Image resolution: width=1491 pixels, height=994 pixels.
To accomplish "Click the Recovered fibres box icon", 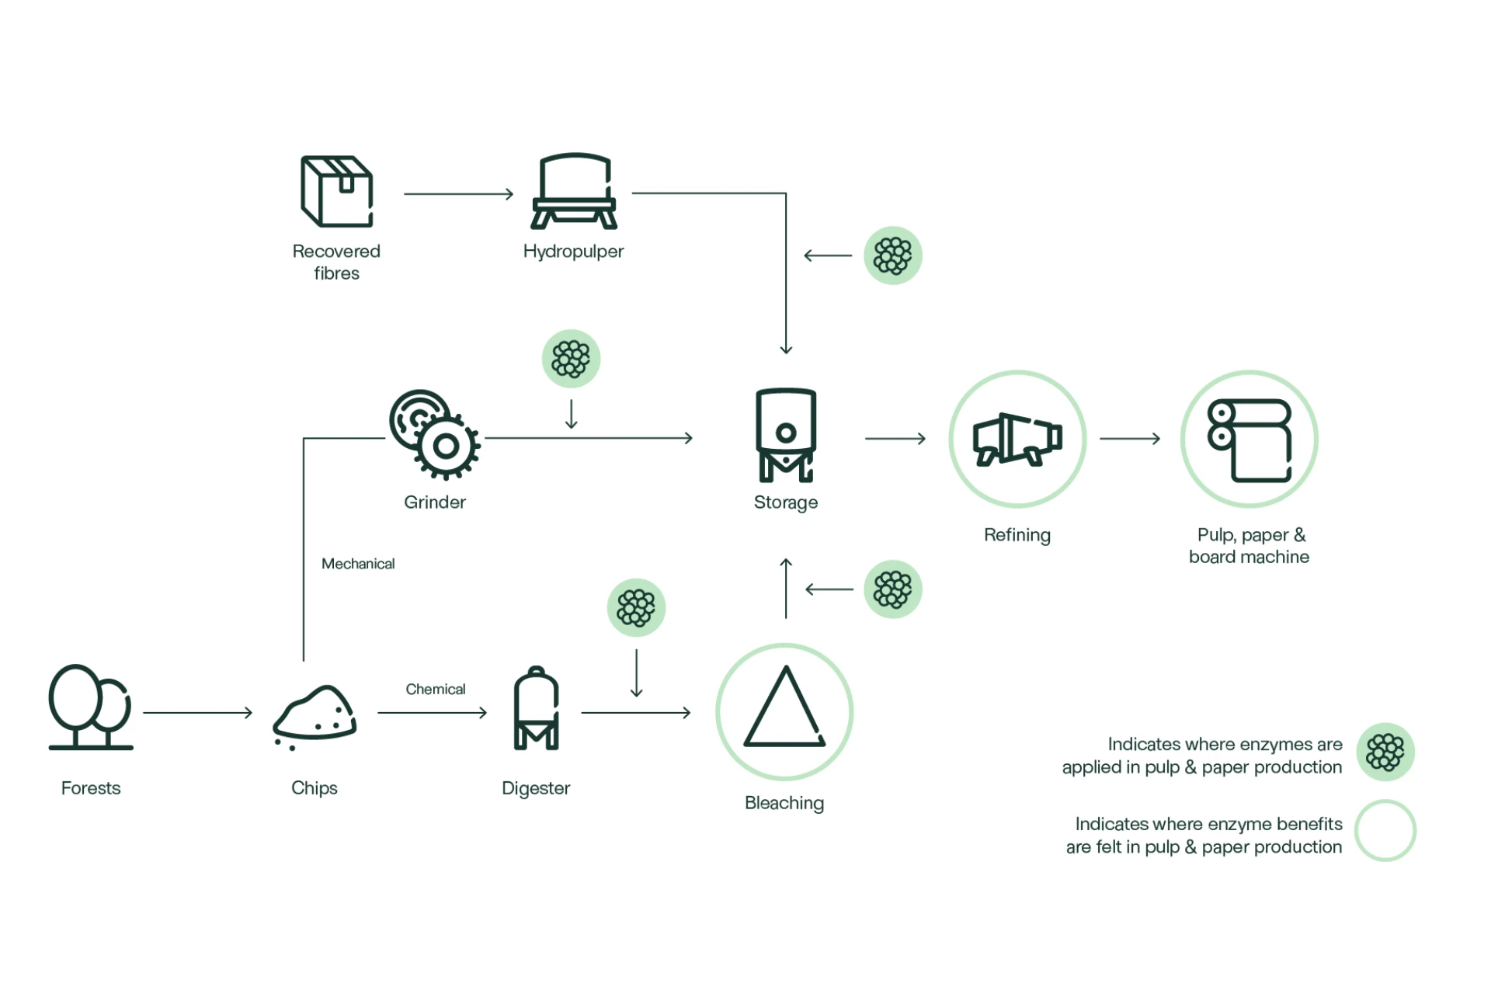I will (x=336, y=191).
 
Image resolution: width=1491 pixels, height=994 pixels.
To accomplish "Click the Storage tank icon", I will (x=786, y=435).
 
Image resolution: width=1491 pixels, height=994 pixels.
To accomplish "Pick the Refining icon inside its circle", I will (x=1017, y=439).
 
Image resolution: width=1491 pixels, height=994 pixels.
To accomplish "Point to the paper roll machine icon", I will (x=1249, y=440).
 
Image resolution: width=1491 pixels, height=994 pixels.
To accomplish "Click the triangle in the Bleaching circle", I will (x=784, y=710).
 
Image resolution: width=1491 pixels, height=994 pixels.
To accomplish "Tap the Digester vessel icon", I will (x=536, y=708).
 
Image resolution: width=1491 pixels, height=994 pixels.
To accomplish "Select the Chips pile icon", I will (x=315, y=714).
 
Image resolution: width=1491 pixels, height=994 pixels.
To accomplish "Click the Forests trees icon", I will (x=90, y=707).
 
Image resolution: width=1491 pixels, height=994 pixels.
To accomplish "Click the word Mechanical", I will (x=358, y=564).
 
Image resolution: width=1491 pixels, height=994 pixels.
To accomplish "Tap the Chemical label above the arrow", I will (x=436, y=689).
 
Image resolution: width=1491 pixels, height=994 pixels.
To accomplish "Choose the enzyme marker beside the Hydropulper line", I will (x=893, y=255).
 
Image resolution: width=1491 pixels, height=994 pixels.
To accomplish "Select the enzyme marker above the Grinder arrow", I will (x=571, y=359).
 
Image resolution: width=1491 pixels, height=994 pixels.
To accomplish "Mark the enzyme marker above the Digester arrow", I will (x=636, y=607).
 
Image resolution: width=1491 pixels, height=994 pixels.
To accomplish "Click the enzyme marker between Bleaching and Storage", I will (x=893, y=589).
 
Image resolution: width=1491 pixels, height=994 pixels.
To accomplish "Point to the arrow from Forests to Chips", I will (x=198, y=712).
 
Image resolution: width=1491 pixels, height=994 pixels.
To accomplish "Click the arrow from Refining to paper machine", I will (x=1130, y=439).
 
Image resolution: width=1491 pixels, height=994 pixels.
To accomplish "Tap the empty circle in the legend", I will (x=1385, y=831).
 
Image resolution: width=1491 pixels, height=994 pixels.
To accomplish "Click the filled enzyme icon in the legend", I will (x=1385, y=752).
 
